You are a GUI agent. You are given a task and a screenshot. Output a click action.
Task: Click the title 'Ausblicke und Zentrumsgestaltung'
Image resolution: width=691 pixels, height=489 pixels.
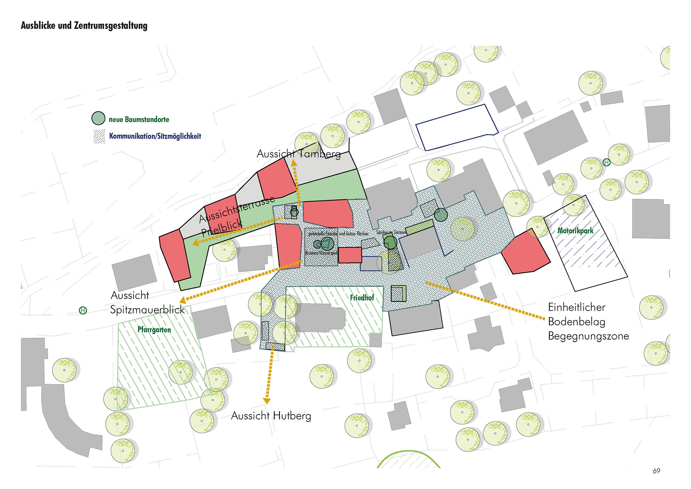coord(84,26)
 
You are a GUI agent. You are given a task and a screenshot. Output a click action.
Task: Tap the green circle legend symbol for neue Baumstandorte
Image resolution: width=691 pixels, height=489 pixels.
coord(98,118)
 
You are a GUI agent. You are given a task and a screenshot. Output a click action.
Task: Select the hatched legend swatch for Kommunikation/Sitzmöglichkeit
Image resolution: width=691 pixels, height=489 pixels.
coord(99,136)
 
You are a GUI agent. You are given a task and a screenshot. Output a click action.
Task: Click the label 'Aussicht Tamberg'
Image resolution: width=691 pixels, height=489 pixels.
coord(298,154)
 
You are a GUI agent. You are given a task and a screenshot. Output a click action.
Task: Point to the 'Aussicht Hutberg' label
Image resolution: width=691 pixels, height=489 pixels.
coord(271,416)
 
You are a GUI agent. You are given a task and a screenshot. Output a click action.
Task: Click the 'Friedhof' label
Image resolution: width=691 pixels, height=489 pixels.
coord(362,298)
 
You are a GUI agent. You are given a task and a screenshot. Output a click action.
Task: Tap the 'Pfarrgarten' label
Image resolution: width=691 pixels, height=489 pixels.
coord(154,329)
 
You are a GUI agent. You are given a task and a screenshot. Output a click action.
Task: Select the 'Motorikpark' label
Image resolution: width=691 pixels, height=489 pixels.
coord(575,231)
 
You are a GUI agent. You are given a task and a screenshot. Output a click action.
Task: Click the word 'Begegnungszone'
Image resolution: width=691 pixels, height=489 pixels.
coord(588,336)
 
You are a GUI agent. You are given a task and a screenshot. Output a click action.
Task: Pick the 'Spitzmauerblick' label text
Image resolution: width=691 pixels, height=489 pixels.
coord(147,310)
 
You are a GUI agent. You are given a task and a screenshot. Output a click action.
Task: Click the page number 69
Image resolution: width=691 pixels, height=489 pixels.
coord(656,471)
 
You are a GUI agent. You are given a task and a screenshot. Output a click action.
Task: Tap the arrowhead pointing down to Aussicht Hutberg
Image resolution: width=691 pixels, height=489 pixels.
coord(267,400)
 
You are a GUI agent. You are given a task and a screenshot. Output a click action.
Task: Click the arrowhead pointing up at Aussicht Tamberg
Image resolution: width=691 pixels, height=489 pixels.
coord(294,163)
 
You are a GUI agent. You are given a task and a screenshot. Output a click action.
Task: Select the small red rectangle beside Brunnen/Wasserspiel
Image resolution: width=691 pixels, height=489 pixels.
coord(349,255)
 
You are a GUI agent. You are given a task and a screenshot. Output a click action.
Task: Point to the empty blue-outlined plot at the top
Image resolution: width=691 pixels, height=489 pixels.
coord(456,127)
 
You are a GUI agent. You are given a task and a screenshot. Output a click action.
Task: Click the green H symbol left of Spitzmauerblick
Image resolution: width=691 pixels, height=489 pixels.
coord(83,310)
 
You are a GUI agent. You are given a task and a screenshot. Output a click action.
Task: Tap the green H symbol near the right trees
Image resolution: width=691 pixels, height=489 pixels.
coord(606,162)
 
